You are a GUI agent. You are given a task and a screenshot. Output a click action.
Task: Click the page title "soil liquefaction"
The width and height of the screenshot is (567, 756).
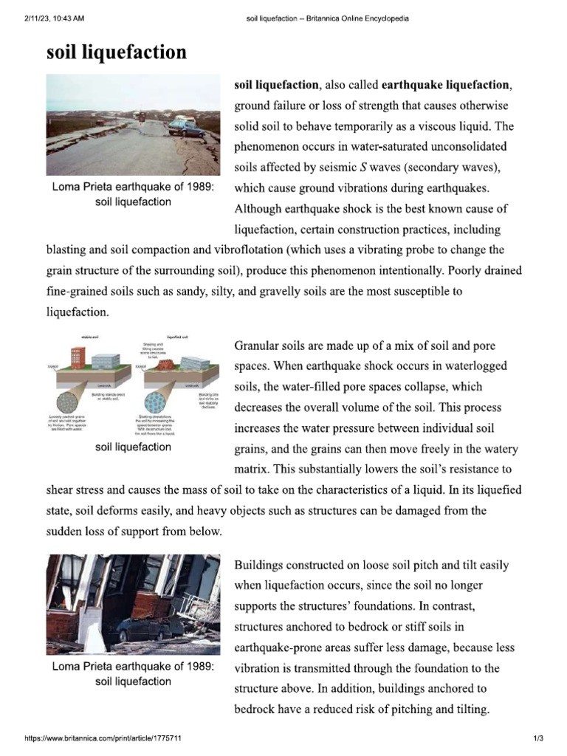[116, 52]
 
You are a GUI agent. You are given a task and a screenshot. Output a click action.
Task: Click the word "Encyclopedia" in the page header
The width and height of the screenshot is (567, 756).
[384, 18]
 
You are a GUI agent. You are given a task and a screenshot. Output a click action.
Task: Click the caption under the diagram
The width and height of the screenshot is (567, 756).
[133, 447]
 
